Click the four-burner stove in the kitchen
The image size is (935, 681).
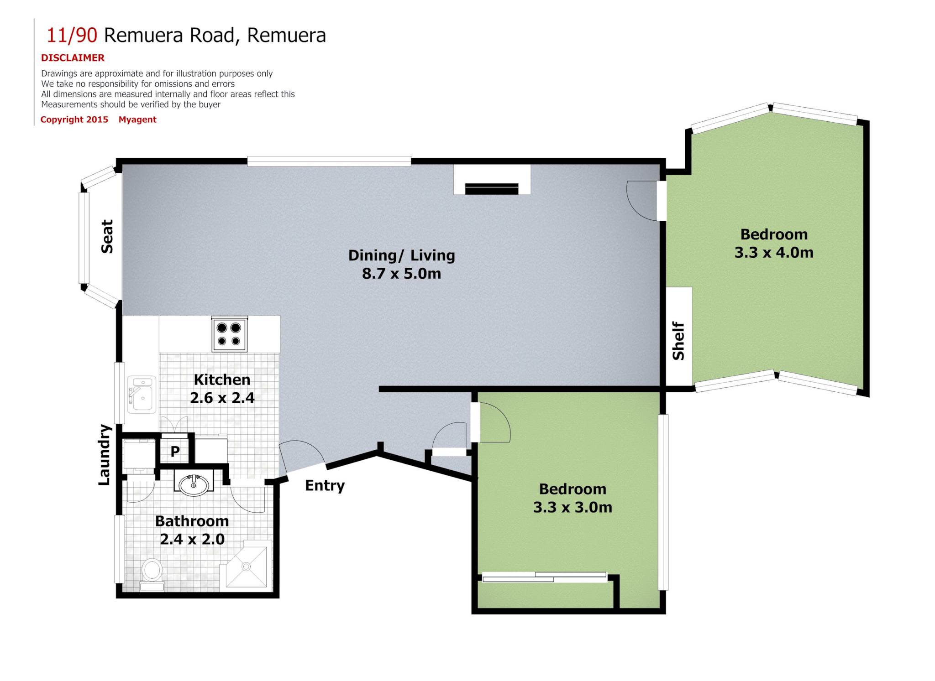coord(230,334)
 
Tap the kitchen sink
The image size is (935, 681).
coord(142,394)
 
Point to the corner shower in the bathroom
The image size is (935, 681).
coord(246,566)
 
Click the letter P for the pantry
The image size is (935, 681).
coord(175,451)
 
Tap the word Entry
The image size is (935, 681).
coord(325,486)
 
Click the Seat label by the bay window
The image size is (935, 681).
coord(107,236)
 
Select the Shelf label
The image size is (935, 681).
coord(678,341)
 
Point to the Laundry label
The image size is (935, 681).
coord(105,455)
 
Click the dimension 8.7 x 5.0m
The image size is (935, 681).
coord(402,274)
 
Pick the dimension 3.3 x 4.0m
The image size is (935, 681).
coord(774,252)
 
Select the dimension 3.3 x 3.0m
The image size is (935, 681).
coord(573,507)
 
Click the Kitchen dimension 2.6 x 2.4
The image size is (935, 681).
coord(222,398)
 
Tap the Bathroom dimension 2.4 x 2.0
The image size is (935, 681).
coord(192,539)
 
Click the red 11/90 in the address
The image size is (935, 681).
coord(72,35)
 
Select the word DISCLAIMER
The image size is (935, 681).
coord(73,58)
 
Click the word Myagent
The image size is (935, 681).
coord(137,120)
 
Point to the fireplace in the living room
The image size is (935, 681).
coord(492,180)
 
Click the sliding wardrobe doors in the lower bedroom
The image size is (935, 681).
coord(544,577)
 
